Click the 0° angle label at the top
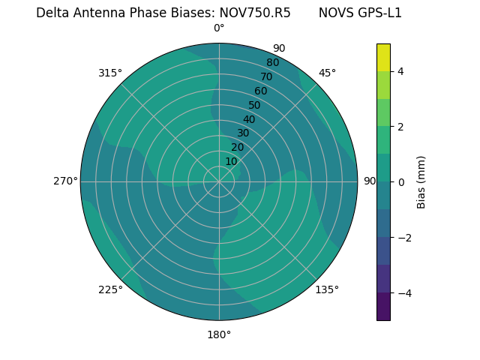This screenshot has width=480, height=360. click(219, 28)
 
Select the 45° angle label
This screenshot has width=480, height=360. click(327, 73)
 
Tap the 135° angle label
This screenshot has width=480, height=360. click(327, 289)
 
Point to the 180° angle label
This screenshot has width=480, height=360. click(219, 334)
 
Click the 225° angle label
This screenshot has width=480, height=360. click(110, 289)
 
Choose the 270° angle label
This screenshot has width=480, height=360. click(65, 181)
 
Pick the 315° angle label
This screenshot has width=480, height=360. click(110, 73)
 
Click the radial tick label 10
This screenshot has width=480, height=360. click(231, 161)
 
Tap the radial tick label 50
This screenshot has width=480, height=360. click(254, 105)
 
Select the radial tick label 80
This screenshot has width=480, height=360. click(272, 63)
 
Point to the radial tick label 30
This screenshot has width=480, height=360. click(243, 133)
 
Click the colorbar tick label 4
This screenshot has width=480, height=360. click(400, 71)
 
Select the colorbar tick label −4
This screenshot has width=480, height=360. click(403, 293)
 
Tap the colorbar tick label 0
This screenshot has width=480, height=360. click(400, 182)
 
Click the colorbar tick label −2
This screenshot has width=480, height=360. click(403, 238)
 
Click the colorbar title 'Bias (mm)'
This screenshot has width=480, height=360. click(421, 182)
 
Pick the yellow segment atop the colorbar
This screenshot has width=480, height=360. click(383, 58)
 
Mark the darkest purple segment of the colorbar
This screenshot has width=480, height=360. click(383, 307)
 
